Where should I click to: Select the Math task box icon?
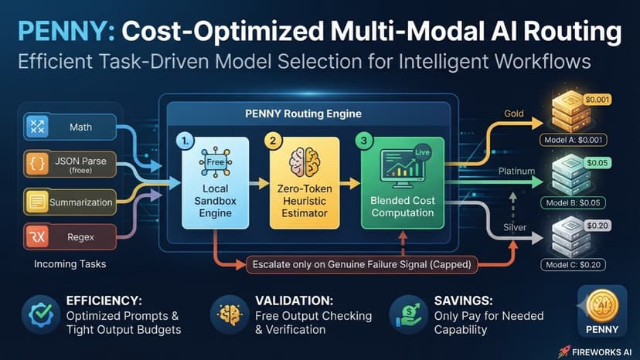pos(37,127)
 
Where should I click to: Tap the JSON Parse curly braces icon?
pos(37,164)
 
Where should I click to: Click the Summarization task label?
pos(81,202)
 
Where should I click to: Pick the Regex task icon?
pos(37,236)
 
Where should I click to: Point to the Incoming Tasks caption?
pos(70,264)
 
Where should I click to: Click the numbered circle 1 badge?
pos(185,141)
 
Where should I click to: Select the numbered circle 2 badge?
pos(273,141)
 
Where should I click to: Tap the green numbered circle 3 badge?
pos(364,141)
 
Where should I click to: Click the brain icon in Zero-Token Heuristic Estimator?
pos(304,162)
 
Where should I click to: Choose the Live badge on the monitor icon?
pos(422,152)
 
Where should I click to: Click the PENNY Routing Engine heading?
pos(303,114)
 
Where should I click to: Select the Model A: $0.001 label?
pos(573,140)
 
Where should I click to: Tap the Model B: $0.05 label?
pos(573,202)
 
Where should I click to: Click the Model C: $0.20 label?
pos(573,264)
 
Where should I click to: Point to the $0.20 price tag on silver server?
pos(597,226)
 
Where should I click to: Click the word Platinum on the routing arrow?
pos(516,171)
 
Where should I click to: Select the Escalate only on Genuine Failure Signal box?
pos(362,264)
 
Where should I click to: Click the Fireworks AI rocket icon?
pos(564,352)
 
